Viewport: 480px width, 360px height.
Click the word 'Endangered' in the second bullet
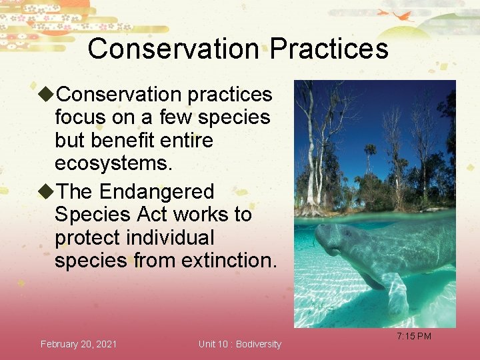pos(157,192)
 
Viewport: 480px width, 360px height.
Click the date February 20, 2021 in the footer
pos(79,344)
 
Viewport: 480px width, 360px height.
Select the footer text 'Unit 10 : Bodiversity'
pos(240,344)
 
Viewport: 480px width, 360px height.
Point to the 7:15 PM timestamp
pos(414,336)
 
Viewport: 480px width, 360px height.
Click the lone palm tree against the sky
pos(369,153)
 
